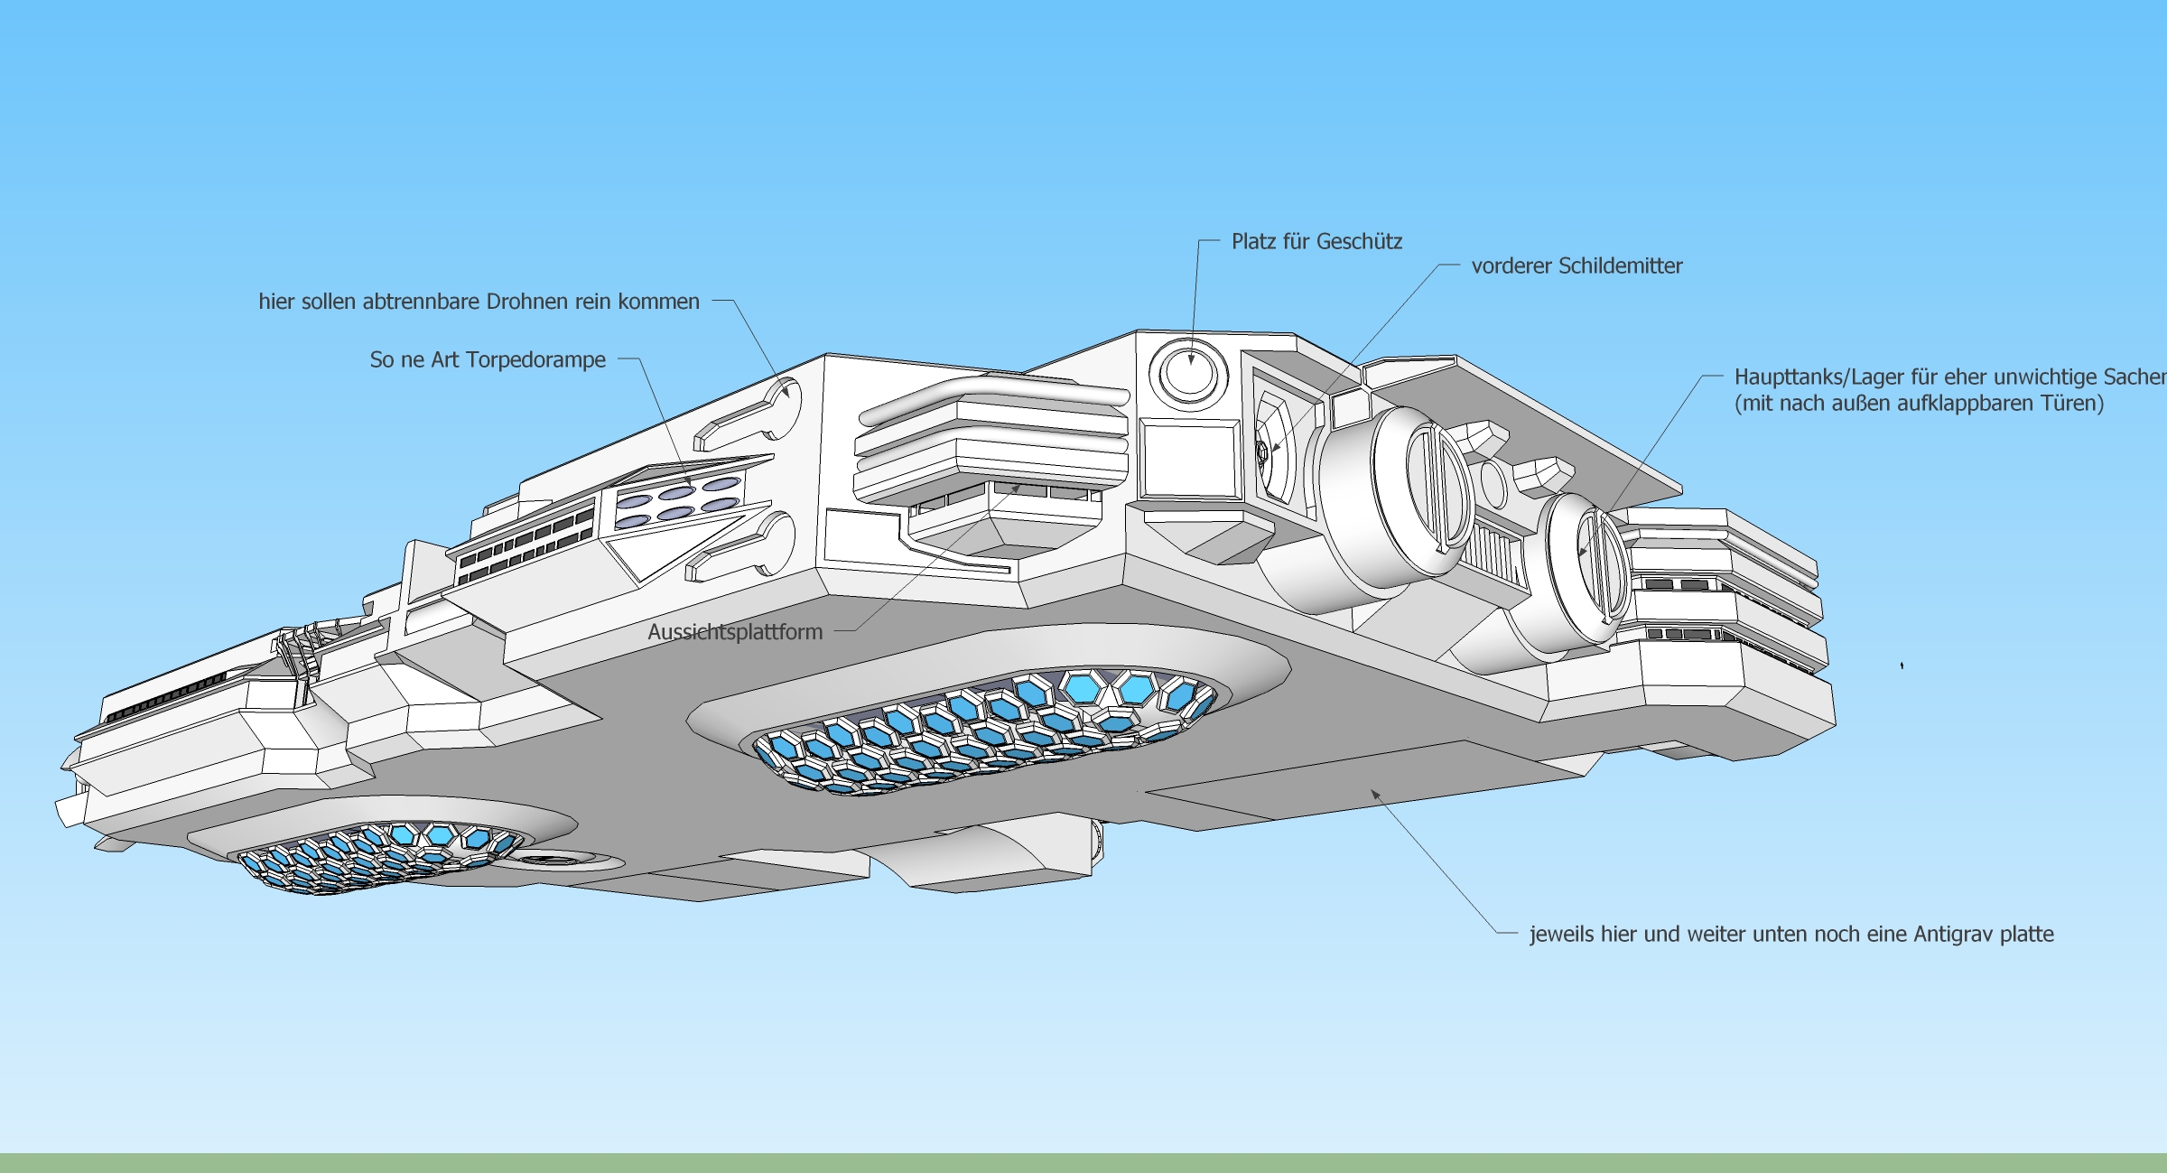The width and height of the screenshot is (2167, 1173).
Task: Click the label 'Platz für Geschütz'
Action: coord(1316,242)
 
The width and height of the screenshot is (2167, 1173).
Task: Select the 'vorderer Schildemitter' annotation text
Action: coord(1576,266)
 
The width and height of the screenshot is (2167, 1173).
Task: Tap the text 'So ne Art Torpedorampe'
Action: coord(488,360)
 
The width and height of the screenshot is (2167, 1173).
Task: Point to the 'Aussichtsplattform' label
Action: coord(735,632)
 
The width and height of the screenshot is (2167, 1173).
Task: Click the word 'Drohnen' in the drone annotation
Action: coord(525,302)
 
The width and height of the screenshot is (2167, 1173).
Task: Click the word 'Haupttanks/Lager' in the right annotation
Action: coord(1818,377)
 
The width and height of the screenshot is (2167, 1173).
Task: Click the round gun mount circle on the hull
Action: coord(1188,371)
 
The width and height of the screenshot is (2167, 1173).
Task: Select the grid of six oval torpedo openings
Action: coord(678,504)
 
